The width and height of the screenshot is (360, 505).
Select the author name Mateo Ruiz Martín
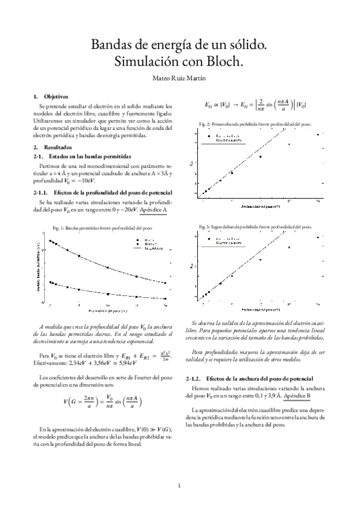[x=179, y=77]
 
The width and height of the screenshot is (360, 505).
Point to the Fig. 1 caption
[x=102, y=227]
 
